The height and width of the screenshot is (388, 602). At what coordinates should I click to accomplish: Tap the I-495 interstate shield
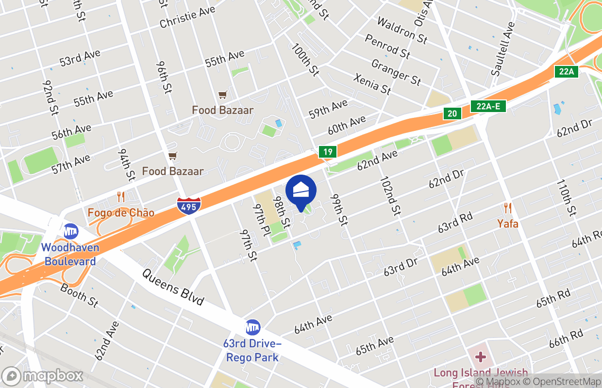pos(189,206)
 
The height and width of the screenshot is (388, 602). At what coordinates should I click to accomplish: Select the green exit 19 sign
pos(328,152)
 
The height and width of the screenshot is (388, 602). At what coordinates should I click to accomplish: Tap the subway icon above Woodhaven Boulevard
pos(71,231)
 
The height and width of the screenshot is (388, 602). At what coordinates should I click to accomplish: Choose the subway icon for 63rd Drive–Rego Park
pos(252,327)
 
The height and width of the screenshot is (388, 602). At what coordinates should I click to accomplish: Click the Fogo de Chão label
pos(121,212)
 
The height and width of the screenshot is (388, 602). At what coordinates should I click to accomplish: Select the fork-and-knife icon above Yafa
pos(508,208)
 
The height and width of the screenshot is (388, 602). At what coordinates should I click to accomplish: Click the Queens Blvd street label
pos(173,287)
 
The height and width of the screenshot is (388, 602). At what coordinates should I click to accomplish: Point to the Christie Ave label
pos(187,17)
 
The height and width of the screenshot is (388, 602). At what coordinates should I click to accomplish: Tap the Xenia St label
pos(372,84)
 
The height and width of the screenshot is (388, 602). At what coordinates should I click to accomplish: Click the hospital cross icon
pos(481,357)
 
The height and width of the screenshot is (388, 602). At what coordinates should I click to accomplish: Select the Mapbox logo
pos(43,376)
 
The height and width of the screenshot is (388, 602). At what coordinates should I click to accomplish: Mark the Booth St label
pos(79,295)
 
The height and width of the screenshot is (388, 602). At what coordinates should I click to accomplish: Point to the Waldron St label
pos(402,30)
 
